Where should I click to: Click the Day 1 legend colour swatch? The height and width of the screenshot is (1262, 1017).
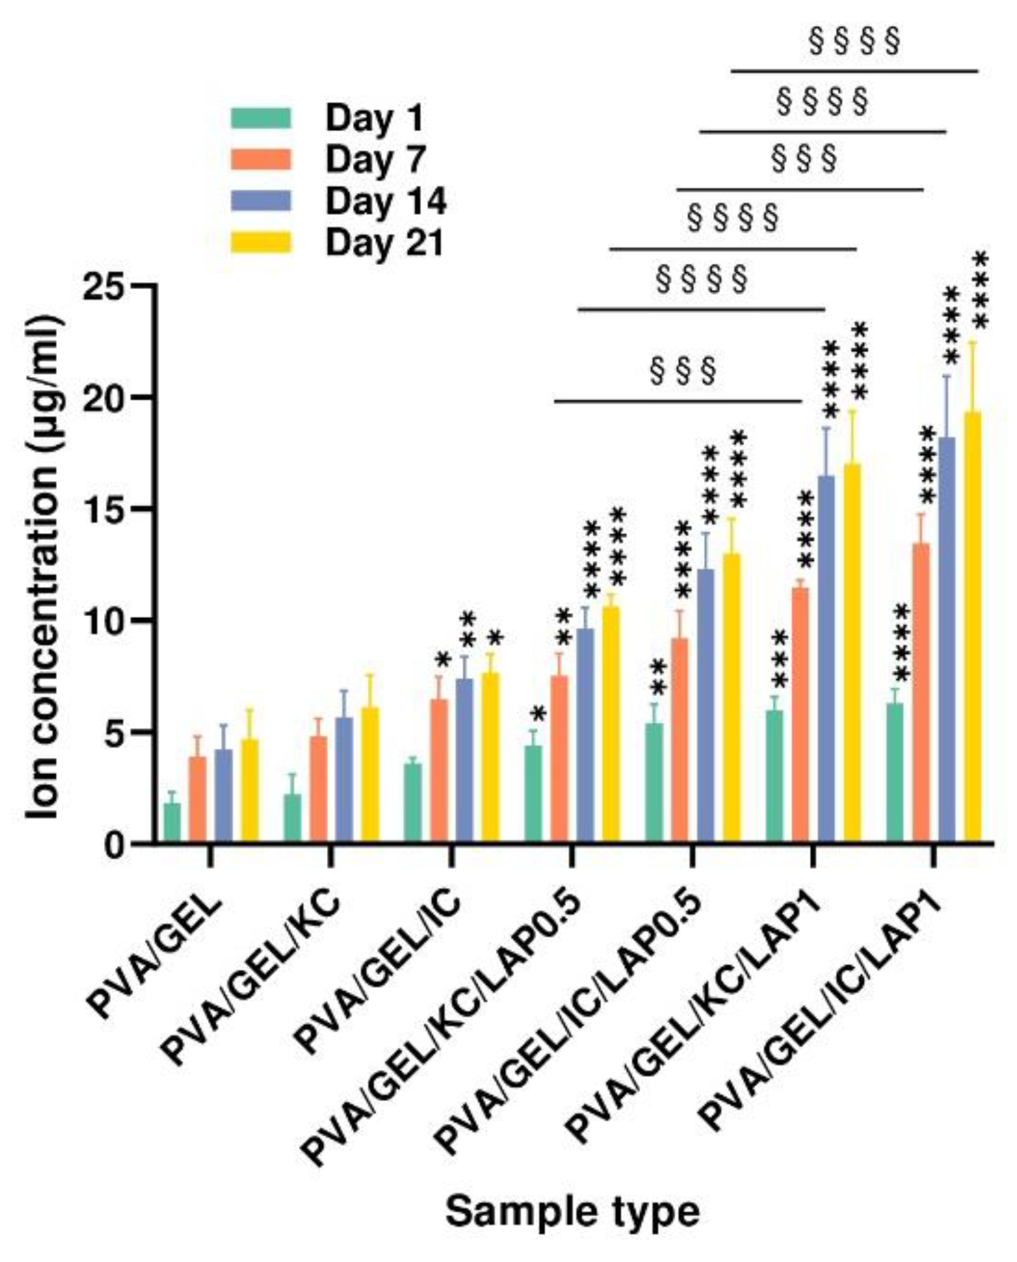coord(260,119)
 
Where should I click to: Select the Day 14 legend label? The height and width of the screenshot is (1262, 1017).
coord(385,202)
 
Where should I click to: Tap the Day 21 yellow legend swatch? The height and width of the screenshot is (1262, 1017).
coord(260,243)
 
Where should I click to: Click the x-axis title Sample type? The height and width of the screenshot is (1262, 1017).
coord(572,1212)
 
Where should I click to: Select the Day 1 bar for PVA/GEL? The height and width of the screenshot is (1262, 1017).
coord(172,823)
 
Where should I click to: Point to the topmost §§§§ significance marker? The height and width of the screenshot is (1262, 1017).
coord(854,42)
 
